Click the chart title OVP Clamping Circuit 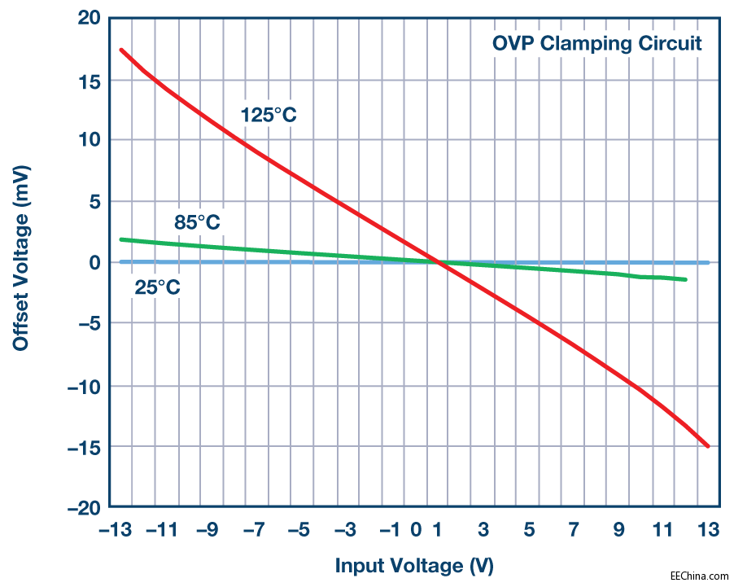[x=596, y=43]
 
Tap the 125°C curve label [x=269, y=115]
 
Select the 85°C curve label [x=197, y=222]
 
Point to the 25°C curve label [x=157, y=287]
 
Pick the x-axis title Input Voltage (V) [x=414, y=565]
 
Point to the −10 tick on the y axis [x=82, y=386]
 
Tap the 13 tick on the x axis [x=709, y=531]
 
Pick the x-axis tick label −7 [x=254, y=531]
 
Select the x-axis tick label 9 [x=618, y=531]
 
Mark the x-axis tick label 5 [x=528, y=531]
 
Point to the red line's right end [x=708, y=446]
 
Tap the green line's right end [x=686, y=279]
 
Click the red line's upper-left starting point [x=120, y=50]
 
